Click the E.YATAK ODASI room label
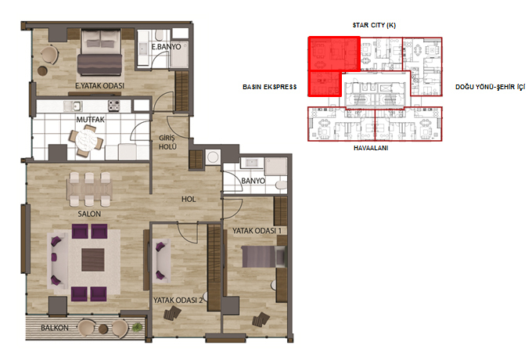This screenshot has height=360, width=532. pos(100,86)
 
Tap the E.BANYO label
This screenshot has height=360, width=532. pos(166,46)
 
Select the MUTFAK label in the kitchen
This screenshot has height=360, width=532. pos(90,120)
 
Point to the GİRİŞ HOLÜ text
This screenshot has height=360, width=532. pos(167,142)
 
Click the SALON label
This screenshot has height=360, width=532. pos(89,214)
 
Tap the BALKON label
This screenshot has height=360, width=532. pos(55,328)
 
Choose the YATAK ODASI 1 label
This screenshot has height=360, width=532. pos(257,231)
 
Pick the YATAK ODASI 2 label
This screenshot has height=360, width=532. pos(178,301)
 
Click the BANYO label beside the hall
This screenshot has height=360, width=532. pos(253,181)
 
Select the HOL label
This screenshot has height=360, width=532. pos(189,199)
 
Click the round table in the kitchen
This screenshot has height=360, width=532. pos(86,140)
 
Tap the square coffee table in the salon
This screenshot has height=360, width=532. pos(93,260)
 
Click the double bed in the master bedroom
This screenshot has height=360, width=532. pos(99,52)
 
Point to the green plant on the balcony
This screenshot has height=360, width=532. pos(137,327)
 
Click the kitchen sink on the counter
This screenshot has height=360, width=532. pos(73,106)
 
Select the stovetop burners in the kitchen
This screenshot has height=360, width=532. pos(114,106)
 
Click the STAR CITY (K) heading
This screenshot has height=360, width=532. pos(374,25)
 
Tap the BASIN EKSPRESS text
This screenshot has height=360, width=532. pos(270,87)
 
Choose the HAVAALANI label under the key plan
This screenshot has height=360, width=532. pos(371,148)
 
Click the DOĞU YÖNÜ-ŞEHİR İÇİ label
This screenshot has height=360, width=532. pos(490,87)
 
